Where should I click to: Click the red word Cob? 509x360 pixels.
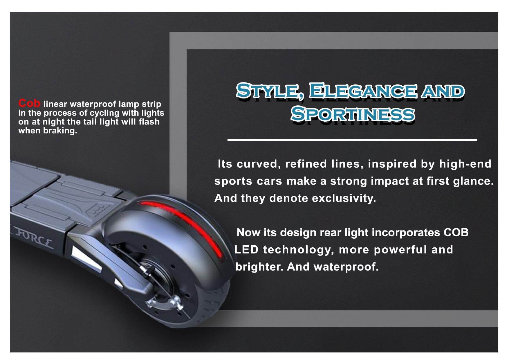click(x=29, y=103)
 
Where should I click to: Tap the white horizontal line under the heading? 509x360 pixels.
click(x=352, y=140)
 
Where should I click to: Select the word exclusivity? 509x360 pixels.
click(x=344, y=198)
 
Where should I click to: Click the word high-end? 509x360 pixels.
click(x=465, y=164)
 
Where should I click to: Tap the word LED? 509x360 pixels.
click(x=246, y=250)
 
